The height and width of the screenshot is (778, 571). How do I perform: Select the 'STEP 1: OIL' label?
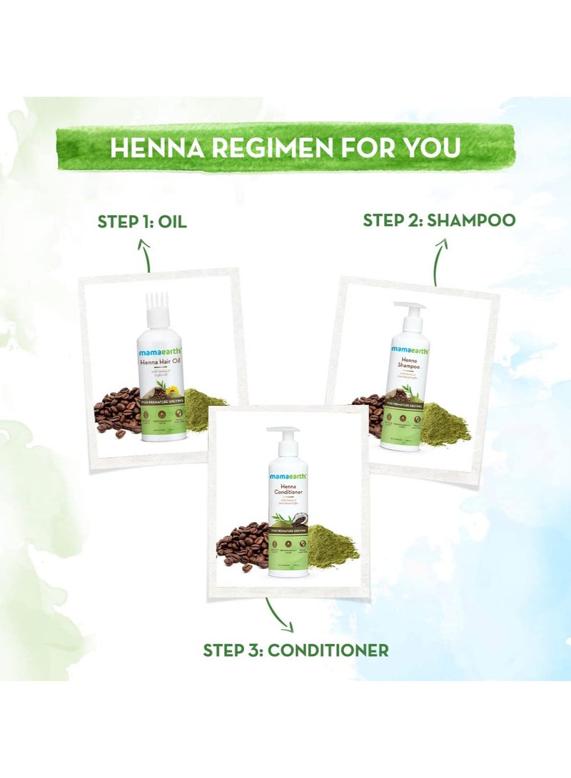click(142, 222)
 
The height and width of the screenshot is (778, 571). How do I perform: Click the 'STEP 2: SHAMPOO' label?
click(438, 220)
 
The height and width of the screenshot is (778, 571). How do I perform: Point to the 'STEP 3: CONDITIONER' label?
click(295, 650)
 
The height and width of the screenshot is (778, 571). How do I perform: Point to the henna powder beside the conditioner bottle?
click(330, 545)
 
